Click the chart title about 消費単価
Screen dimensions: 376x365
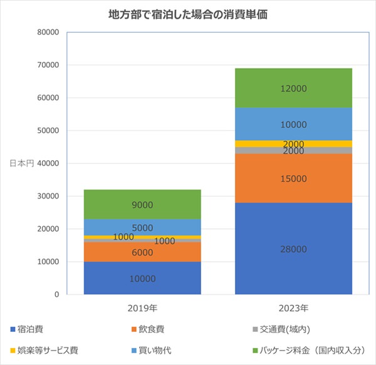tap(188, 14)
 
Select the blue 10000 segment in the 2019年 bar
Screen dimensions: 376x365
tap(142, 278)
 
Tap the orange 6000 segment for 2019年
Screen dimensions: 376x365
tap(142, 252)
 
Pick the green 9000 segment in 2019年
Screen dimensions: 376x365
tap(142, 204)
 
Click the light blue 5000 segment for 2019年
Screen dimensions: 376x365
tap(142, 227)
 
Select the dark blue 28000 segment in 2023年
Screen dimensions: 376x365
tap(293, 249)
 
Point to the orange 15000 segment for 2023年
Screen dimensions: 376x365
tap(293, 178)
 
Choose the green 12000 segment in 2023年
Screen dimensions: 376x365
tap(293, 88)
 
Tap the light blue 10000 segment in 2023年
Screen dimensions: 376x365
tap(293, 124)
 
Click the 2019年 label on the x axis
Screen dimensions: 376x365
tap(142, 308)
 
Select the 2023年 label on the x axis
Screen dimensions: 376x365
tap(293, 308)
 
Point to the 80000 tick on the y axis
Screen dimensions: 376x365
tap(48, 32)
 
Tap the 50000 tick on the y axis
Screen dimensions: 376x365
tap(48, 130)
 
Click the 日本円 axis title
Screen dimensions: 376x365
tap(21, 163)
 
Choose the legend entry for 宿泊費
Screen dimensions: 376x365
tap(26, 329)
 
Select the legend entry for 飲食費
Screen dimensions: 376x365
tap(148, 329)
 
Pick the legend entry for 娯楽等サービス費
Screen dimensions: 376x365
tap(44, 351)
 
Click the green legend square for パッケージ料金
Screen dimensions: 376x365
tap(256, 351)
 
